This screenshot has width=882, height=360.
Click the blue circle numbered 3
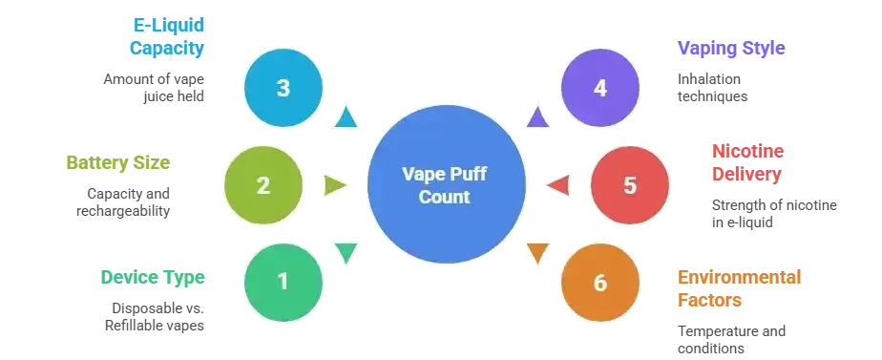(x=283, y=88)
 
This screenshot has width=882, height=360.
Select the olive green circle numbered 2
(x=263, y=185)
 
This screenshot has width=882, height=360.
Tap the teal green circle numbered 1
(x=283, y=282)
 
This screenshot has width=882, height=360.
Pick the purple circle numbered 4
(x=599, y=88)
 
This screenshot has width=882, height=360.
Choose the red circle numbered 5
(x=629, y=185)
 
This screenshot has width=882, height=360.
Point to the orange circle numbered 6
(x=599, y=283)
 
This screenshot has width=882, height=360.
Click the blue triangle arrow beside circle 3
(x=345, y=117)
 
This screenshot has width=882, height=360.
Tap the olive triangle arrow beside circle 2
(x=334, y=184)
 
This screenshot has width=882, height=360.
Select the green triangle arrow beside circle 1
(x=345, y=253)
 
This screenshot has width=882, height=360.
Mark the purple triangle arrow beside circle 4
(x=537, y=117)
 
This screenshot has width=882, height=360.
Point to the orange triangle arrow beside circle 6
(x=537, y=254)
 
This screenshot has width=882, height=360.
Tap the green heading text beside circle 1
(x=153, y=279)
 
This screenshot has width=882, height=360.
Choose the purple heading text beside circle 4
(x=730, y=50)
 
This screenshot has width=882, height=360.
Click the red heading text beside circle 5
(x=747, y=163)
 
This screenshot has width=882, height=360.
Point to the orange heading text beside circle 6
(x=738, y=288)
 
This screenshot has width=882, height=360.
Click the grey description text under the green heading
(x=154, y=317)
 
